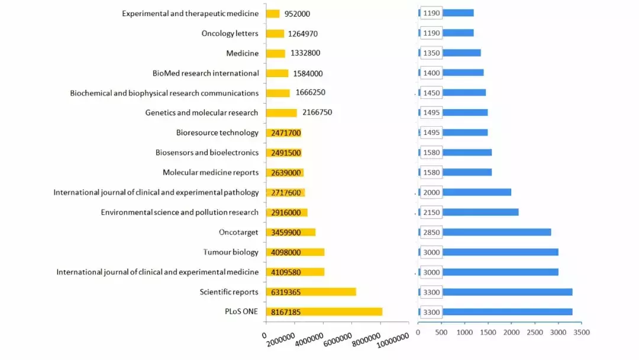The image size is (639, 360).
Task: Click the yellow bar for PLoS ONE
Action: pos(324,311)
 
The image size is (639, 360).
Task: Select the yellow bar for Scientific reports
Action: pos(311,292)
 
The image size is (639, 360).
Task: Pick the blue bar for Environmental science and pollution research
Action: pos(480,212)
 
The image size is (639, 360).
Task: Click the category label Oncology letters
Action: pos(230,34)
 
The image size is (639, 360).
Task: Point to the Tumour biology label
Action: pos(231,252)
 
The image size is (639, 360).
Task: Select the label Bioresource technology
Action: pos(217,133)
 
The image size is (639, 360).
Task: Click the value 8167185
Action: pos(286,312)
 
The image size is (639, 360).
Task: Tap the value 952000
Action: pos(297,14)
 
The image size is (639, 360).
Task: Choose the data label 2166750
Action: pos(317,112)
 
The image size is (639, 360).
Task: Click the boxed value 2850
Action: pos(431,232)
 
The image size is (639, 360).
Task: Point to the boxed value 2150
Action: pos(431,212)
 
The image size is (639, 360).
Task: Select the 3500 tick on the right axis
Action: pos(582,333)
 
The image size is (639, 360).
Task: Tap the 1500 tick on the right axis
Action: pos(488,333)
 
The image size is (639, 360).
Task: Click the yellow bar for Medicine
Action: pos(276,53)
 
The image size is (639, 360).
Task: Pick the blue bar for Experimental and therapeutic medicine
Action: pos(458,13)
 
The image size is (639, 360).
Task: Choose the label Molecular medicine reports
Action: pos(211,172)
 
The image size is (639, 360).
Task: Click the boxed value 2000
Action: pos(431,192)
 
